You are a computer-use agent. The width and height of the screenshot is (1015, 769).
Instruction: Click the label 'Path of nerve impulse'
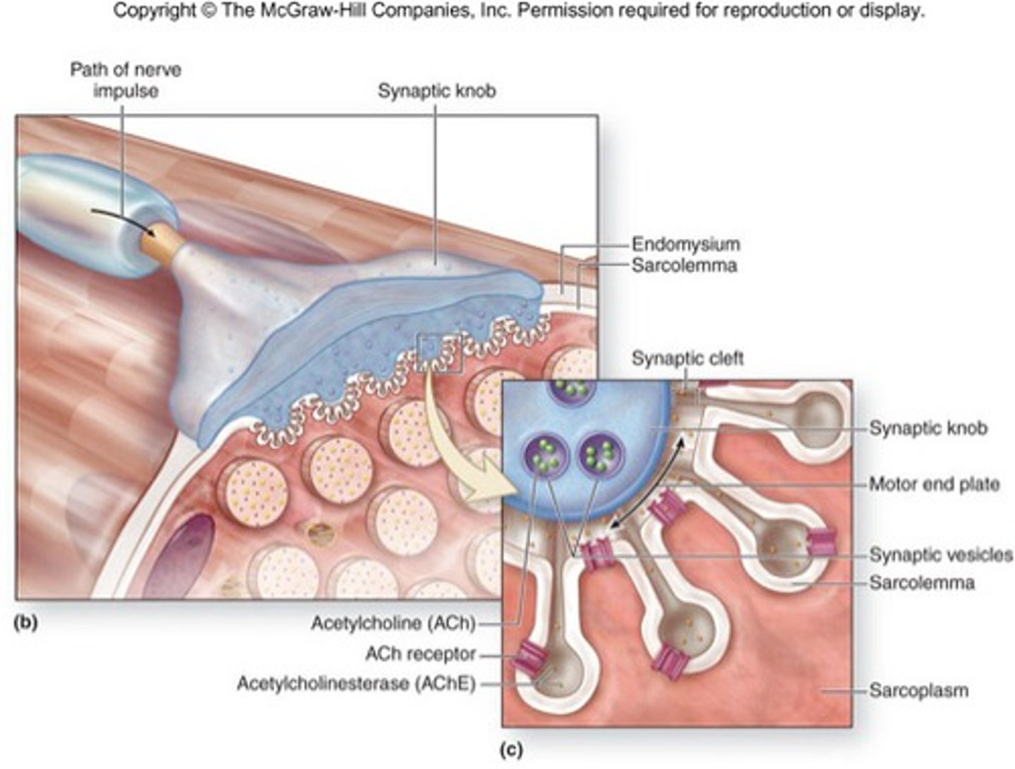(x=125, y=80)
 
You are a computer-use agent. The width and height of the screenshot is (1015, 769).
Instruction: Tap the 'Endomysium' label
(x=686, y=244)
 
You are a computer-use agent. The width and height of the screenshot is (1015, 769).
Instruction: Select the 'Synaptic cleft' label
(x=688, y=358)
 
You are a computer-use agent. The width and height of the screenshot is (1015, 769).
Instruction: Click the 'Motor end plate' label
(x=935, y=484)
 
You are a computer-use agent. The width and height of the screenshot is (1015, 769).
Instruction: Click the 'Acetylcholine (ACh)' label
(x=393, y=623)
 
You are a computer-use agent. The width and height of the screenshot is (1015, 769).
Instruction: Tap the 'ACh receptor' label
(x=420, y=654)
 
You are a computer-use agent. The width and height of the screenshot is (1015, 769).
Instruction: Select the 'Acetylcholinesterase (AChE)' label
(x=357, y=684)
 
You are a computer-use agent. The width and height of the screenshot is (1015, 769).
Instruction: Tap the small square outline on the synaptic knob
(x=439, y=353)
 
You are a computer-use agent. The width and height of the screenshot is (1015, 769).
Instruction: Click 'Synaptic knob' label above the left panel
(x=437, y=91)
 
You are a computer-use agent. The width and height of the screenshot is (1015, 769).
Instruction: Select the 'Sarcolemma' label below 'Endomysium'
(x=684, y=266)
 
